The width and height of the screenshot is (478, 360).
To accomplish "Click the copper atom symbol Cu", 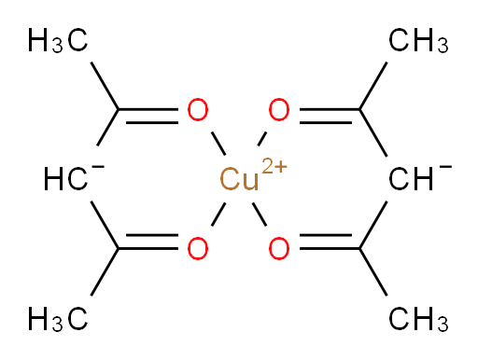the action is pos(239,179).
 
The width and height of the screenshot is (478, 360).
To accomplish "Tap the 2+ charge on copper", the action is pos(274,166).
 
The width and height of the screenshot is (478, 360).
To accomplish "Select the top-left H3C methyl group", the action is pos(58,40).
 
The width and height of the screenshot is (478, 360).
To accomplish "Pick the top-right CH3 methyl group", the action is pos(418,40).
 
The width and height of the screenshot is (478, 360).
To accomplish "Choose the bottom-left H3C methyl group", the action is pos(58,319).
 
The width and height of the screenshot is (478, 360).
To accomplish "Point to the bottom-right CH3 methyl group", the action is pos(418,319).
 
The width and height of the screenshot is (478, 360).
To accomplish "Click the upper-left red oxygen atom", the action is pos(198,110).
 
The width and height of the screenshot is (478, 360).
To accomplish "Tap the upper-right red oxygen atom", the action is pos(279,110).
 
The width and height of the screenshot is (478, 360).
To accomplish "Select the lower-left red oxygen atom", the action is pos(198,248).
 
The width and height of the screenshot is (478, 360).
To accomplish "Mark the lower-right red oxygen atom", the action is pos(279,248).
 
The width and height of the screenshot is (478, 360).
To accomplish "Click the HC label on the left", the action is pos(65,179).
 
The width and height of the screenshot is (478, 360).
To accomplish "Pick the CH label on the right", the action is pos(411,179).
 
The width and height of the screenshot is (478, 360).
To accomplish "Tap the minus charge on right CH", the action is pos(445,167).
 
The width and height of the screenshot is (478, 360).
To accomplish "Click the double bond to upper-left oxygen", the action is pos(148,116).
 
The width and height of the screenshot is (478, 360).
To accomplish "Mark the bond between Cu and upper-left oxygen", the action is pos(218,144).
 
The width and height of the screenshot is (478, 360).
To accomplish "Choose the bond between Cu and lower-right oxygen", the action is pos(260,215).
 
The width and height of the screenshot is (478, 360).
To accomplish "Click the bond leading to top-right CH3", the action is pos(373,86).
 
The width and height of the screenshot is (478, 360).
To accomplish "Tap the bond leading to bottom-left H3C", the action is pos(105,272).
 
